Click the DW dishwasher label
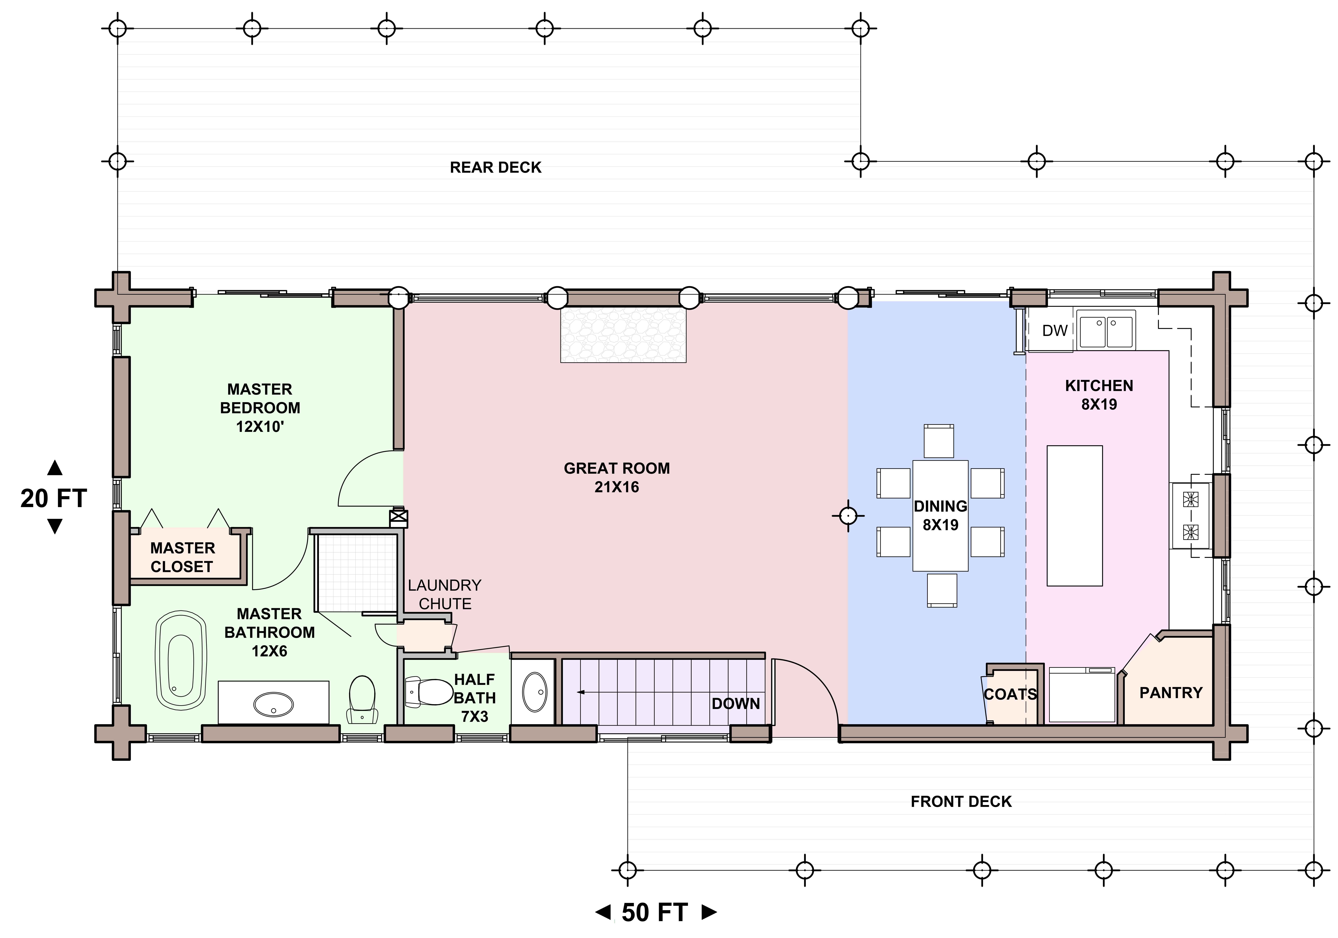pos(1055,331)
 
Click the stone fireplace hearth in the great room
pos(623,335)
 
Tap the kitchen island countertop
pos(1075,516)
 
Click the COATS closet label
pos(1010,694)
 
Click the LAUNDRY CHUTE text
pos(445,594)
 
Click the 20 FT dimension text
pos(54,499)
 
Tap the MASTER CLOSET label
pos(182,558)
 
